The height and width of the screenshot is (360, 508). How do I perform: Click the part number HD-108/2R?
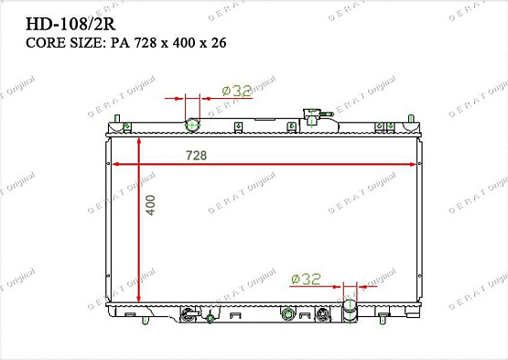coord(70,24)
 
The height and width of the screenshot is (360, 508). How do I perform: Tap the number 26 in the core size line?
coord(219,43)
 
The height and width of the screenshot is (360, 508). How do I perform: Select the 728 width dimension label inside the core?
coord(196,156)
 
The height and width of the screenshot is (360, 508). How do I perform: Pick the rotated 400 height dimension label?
coord(150,205)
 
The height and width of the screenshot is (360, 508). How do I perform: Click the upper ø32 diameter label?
coord(237,91)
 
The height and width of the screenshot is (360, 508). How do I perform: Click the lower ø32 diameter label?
coord(306,278)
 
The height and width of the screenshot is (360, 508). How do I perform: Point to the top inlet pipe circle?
coord(192,125)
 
